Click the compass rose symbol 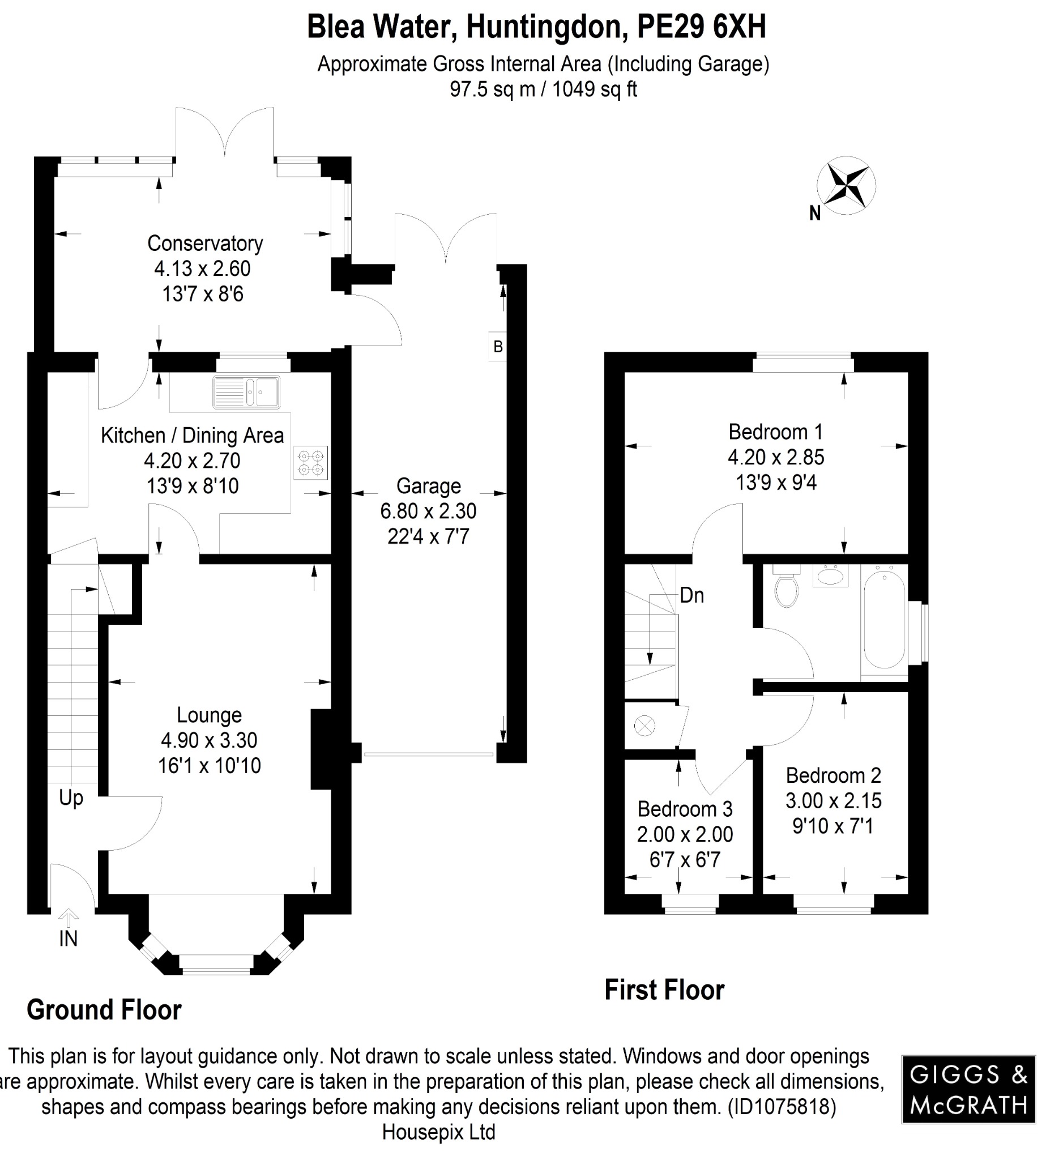click(x=846, y=186)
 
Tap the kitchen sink click(x=247, y=393)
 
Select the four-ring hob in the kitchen click(x=310, y=463)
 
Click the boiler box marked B click(x=498, y=347)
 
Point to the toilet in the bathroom click(x=786, y=587)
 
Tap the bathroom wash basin click(x=830, y=575)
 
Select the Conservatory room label click(x=205, y=244)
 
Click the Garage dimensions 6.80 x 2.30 click(x=429, y=511)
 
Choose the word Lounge click(x=209, y=715)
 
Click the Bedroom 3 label click(x=685, y=809)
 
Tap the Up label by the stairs click(x=71, y=798)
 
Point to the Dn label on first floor click(x=691, y=595)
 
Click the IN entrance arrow click(x=69, y=917)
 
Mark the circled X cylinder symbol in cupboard click(x=644, y=726)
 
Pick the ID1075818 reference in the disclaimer click(x=782, y=1107)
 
